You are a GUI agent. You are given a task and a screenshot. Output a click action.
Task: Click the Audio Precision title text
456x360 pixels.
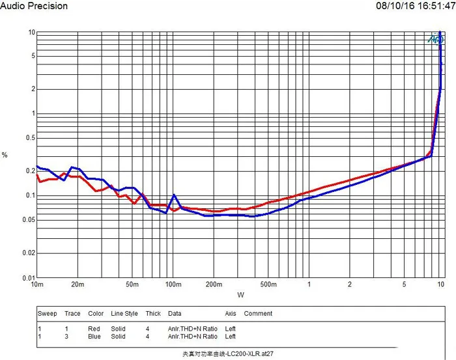[x=34, y=6]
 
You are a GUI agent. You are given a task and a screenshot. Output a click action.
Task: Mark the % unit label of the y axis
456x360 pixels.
[x=5, y=155]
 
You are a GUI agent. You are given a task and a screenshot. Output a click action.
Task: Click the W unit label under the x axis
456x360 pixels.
[x=240, y=295]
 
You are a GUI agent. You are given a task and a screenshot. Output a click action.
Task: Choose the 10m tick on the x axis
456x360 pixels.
[x=37, y=285]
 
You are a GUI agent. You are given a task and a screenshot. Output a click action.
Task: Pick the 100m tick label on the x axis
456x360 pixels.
[x=173, y=285]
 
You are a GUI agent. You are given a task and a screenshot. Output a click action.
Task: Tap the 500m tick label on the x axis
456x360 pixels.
[x=268, y=285]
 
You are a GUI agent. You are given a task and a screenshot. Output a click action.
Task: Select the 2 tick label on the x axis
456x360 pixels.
[x=350, y=285]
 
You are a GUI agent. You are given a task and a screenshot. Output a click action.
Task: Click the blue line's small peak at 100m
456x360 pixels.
[x=174, y=195]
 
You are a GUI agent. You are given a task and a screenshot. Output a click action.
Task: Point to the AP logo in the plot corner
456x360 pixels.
[x=435, y=38]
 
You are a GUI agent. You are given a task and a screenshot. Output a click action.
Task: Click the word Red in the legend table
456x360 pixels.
[x=94, y=329]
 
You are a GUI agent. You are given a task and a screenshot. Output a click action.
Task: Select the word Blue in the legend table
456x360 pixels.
[x=95, y=337]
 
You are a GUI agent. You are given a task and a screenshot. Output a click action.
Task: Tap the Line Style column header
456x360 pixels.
[x=124, y=314]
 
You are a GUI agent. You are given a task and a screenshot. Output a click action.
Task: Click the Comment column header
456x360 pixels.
[x=258, y=314]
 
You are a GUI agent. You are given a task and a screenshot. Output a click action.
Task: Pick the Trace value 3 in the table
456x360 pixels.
[x=66, y=337]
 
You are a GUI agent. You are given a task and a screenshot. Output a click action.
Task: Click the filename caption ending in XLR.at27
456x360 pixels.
[x=227, y=355]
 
